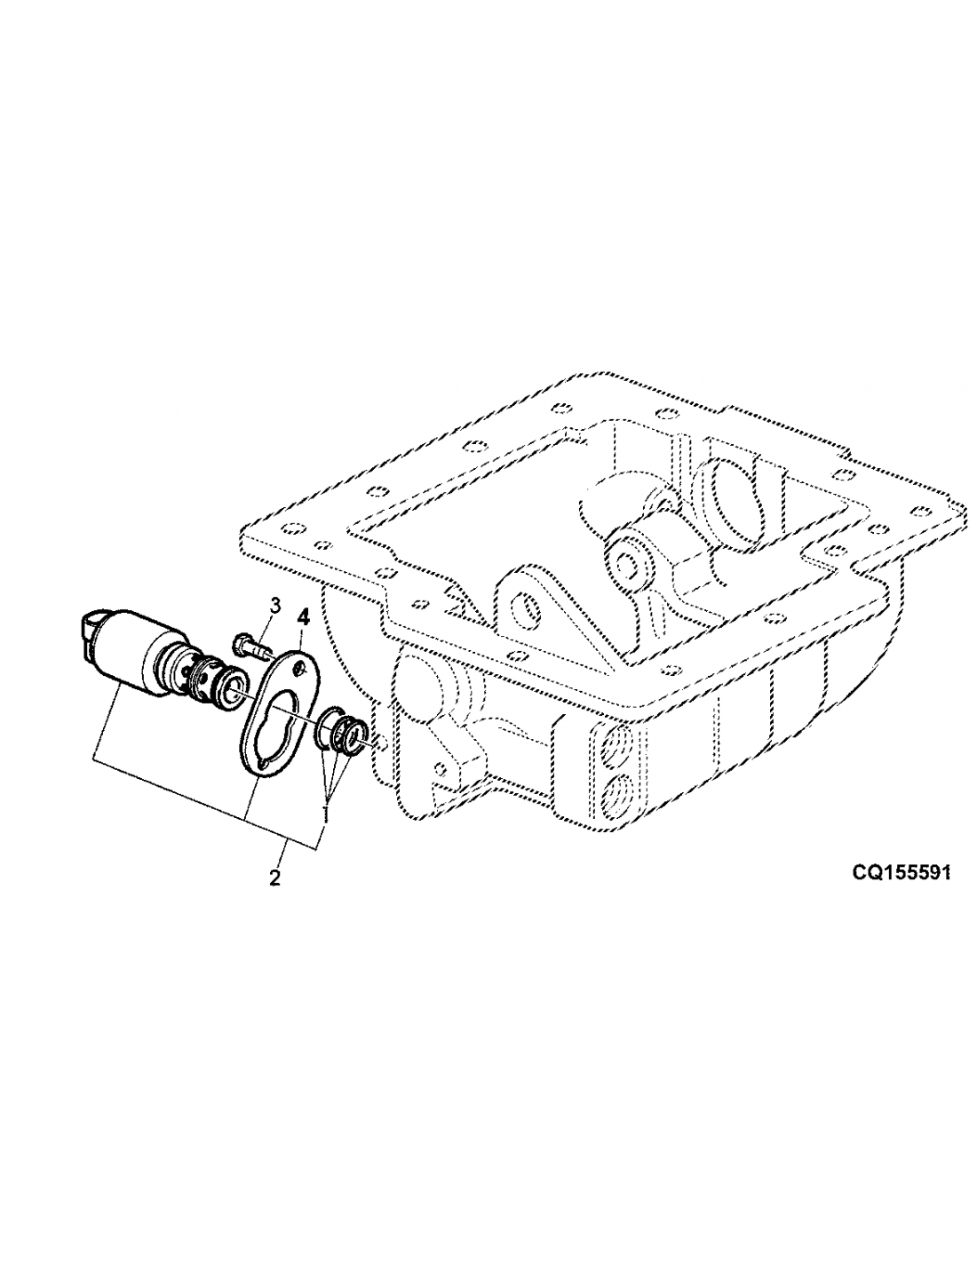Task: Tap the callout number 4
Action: pos(304,616)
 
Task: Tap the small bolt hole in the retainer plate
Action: pos(299,671)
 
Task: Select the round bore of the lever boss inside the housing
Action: pos(626,562)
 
